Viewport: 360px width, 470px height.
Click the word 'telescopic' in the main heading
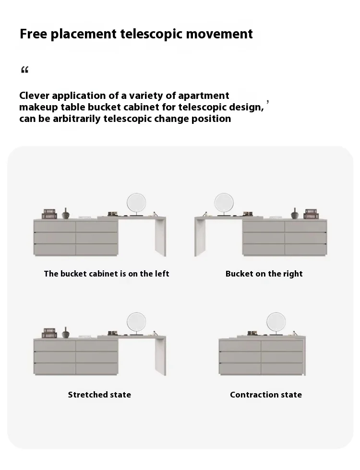151,34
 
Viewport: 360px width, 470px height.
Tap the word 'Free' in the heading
33,34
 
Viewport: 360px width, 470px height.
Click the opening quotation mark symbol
24,70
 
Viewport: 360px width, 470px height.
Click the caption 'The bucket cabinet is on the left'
107,274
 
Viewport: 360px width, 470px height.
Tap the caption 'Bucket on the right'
264,274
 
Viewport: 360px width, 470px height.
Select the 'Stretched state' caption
99,395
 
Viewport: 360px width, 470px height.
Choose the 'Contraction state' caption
266,395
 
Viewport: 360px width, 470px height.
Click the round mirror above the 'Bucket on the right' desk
224,203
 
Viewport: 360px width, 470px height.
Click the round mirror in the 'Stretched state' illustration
136,322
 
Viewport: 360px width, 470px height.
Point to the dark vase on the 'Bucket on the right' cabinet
295,214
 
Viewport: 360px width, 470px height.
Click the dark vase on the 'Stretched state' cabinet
66,333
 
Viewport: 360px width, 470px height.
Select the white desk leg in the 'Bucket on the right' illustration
200,237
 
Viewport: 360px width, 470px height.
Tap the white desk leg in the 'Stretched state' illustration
160,356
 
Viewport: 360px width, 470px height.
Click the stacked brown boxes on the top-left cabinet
49,214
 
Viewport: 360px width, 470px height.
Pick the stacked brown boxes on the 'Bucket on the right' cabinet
311,214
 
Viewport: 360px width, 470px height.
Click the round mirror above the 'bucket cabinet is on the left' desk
136,203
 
